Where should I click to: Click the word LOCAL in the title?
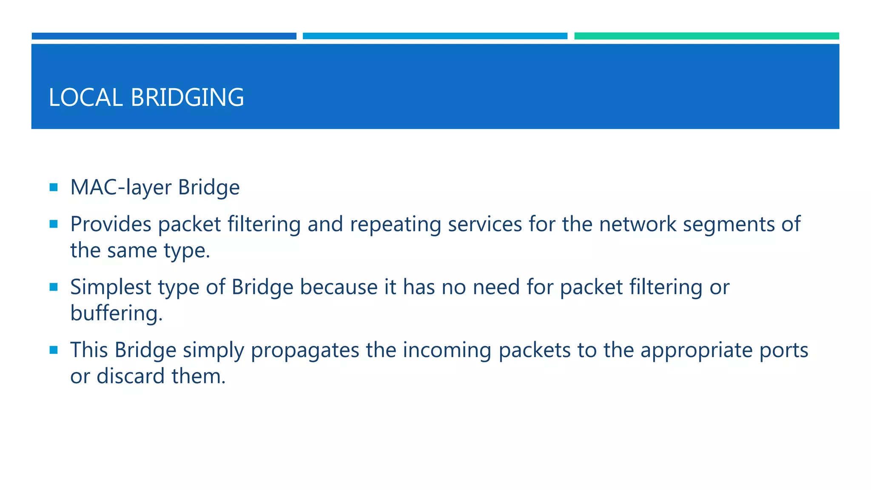pyautogui.click(x=85, y=97)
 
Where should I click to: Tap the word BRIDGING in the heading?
pyautogui.click(x=187, y=97)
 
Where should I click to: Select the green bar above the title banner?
pyautogui.click(x=706, y=36)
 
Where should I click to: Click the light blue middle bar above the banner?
pyautogui.click(x=435, y=36)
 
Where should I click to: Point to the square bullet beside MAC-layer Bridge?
pyautogui.click(x=54, y=187)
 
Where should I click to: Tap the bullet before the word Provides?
pyautogui.click(x=54, y=224)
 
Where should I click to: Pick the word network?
pyautogui.click(x=638, y=224)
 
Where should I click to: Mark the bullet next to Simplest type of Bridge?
pyautogui.click(x=54, y=287)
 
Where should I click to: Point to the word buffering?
pyautogui.click(x=116, y=313)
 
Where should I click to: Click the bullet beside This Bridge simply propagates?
pyautogui.click(x=54, y=350)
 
